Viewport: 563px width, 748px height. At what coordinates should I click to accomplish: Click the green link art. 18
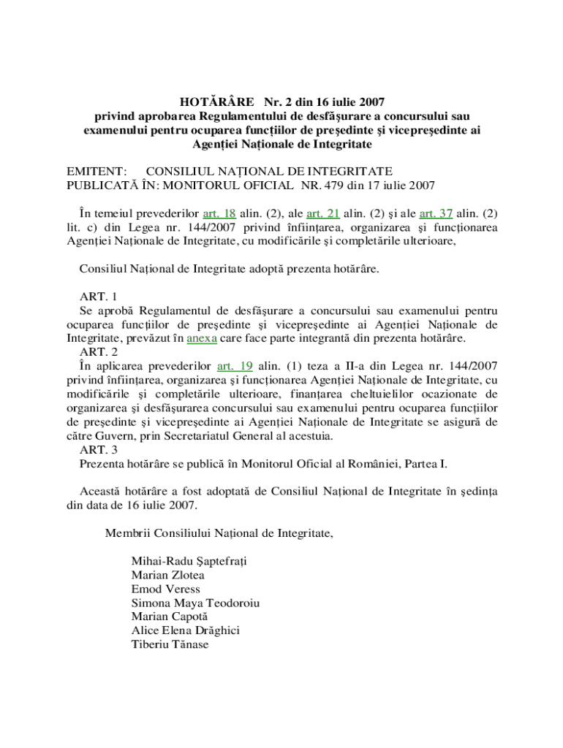pyautogui.click(x=219, y=213)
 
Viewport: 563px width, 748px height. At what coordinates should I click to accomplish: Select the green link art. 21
pyautogui.click(x=322, y=213)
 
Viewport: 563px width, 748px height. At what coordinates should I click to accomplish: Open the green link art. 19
pyautogui.click(x=236, y=366)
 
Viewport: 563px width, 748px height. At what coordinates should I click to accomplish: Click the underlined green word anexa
pyautogui.click(x=201, y=338)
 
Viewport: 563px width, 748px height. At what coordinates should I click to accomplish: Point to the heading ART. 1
pyautogui.click(x=99, y=297)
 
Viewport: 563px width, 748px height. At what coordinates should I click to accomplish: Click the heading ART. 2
pyautogui.click(x=99, y=352)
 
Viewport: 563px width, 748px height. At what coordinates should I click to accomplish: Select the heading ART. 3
pyautogui.click(x=99, y=450)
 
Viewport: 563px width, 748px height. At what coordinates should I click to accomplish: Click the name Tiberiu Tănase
pyautogui.click(x=170, y=645)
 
